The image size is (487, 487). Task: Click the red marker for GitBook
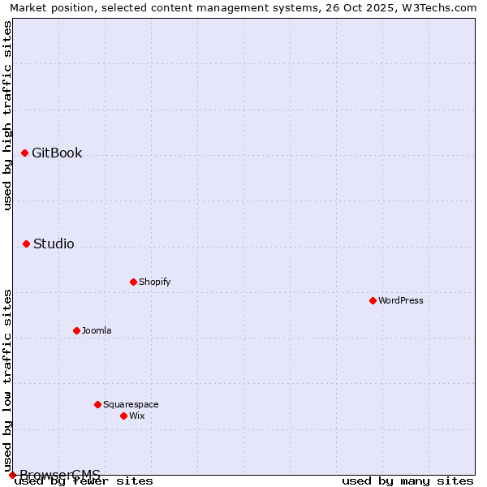(24, 153)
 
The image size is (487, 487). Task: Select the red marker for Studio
(26, 243)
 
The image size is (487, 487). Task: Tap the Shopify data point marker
(133, 282)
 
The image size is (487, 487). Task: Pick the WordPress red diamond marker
(373, 300)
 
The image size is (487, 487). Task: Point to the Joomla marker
(76, 330)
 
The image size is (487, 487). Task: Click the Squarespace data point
(97, 404)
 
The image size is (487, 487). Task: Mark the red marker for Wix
(123, 416)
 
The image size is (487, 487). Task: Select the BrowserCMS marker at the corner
(12, 475)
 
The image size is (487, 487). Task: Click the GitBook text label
(57, 153)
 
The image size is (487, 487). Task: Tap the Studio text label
(54, 243)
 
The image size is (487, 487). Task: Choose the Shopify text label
(154, 282)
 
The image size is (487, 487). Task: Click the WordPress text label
(401, 300)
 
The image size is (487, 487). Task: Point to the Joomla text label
(97, 330)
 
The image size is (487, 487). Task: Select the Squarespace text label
(131, 404)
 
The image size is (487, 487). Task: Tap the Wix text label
(136, 416)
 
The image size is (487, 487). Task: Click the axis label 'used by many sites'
(407, 481)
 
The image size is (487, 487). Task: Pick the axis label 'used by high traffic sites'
(8, 115)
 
